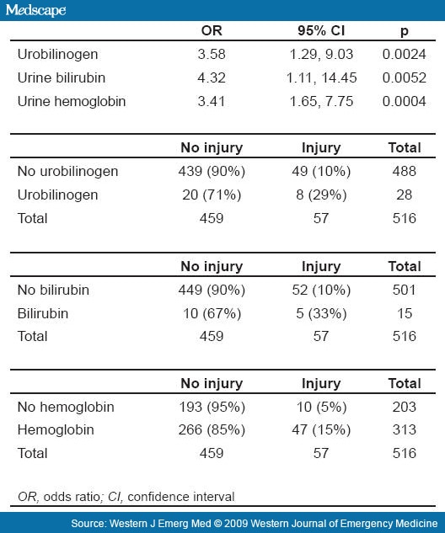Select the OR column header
(212, 31)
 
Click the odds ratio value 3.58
(212, 55)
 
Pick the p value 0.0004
(403, 102)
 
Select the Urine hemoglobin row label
(71, 102)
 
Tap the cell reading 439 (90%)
(212, 171)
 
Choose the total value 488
(404, 171)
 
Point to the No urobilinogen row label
(67, 171)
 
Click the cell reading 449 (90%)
(212, 289)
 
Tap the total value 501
(404, 289)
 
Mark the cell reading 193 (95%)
(212, 406)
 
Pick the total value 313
(404, 429)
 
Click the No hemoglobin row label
(66, 406)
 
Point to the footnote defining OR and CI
(126, 495)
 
